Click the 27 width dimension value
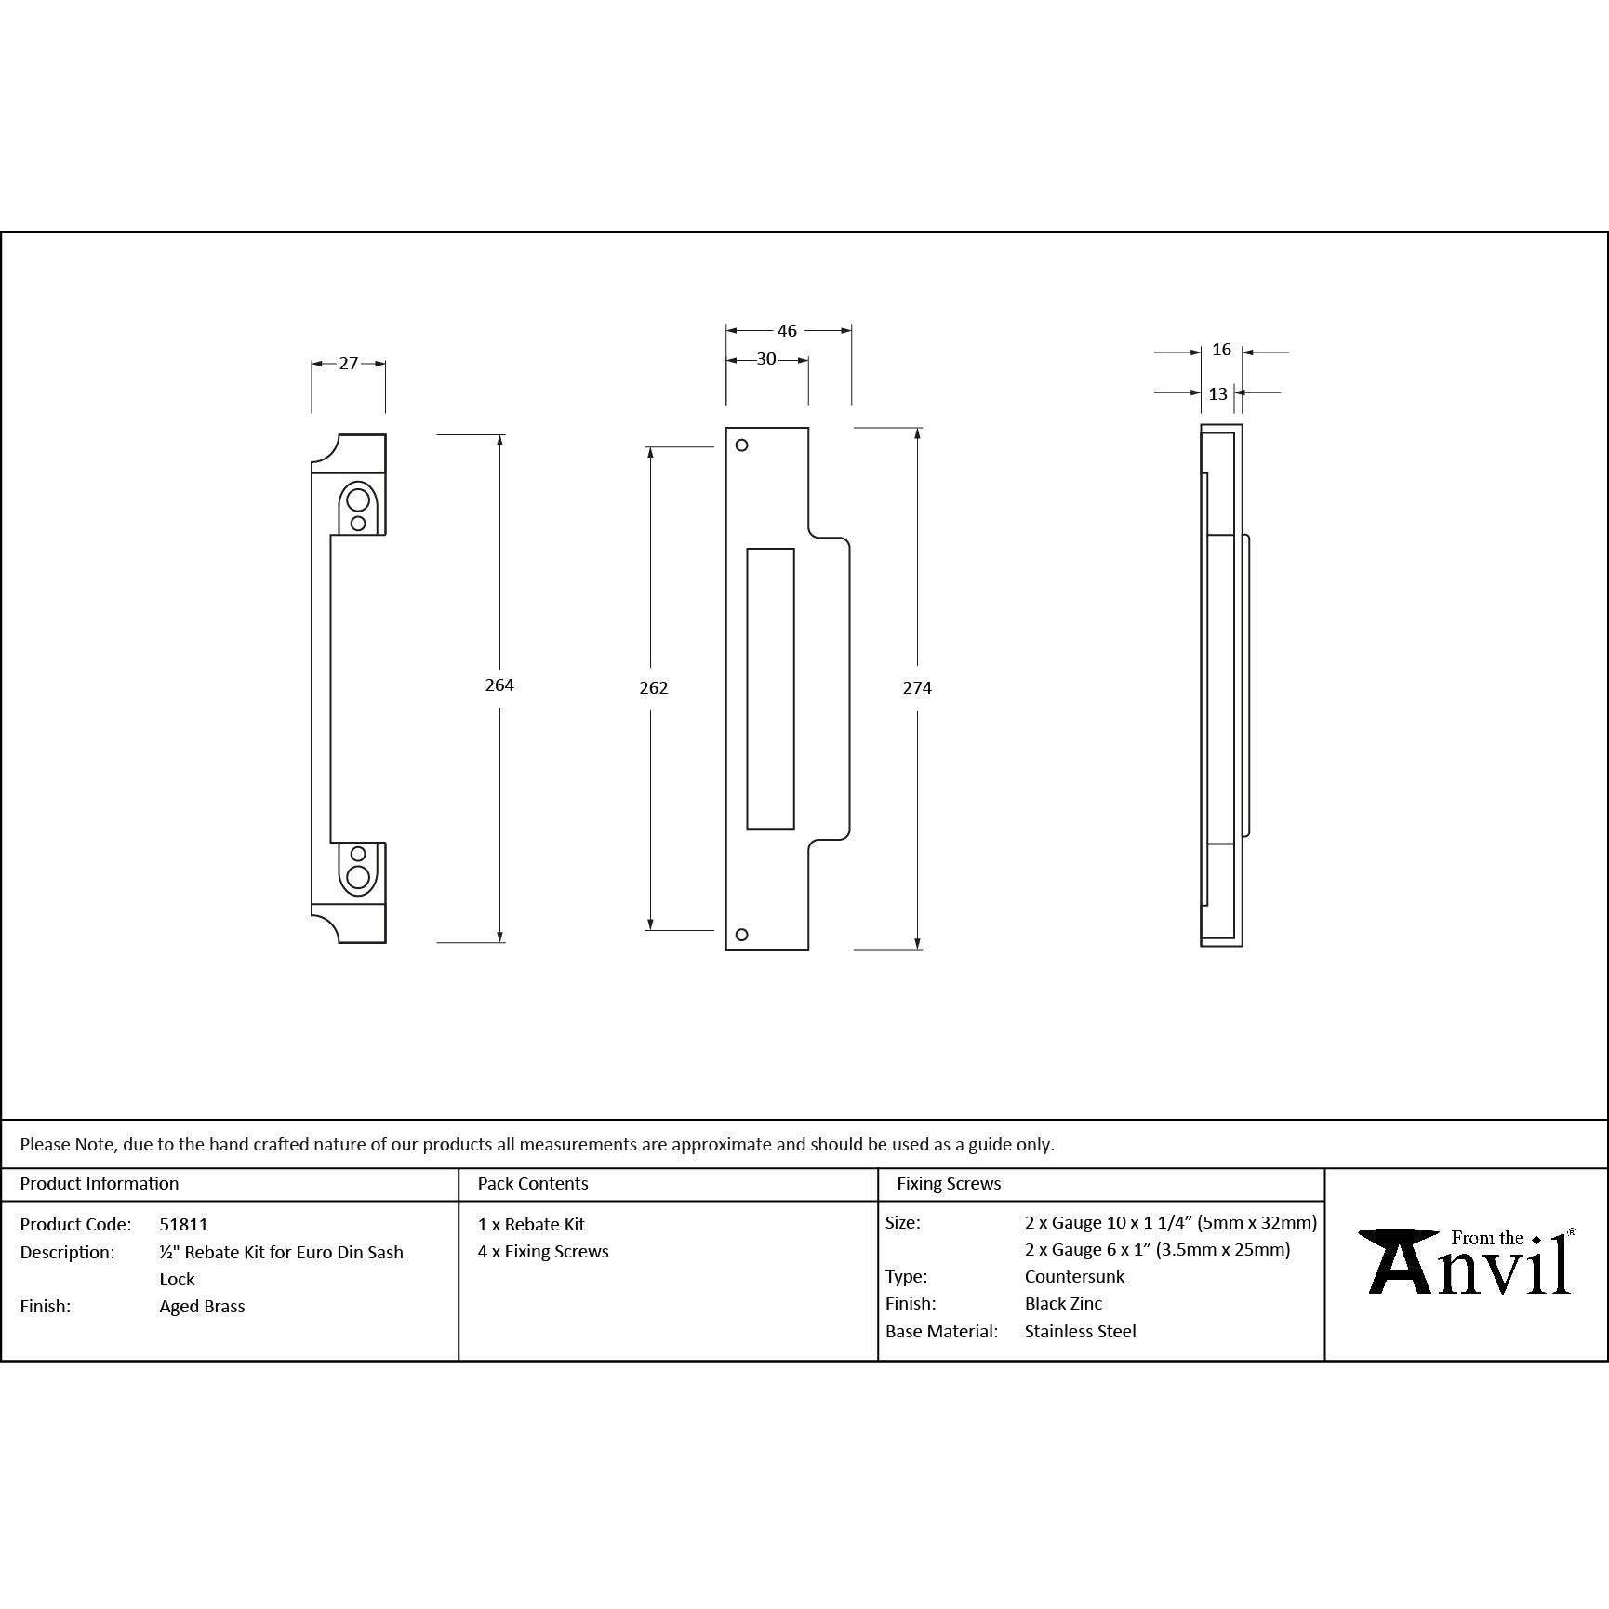348,364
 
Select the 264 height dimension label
499,685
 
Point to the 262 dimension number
654,688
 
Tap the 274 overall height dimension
917,688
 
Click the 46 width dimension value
787,331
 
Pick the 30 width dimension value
766,360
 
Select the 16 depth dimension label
1221,351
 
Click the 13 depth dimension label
1217,394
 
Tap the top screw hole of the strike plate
741,445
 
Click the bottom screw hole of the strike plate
741,935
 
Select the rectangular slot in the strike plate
770,688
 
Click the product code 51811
183,1225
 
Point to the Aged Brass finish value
202,1307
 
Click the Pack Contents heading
532,1184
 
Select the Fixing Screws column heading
948,1184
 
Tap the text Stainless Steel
1080,1332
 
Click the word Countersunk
1074,1277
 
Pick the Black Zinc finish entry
1063,1304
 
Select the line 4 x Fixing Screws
543,1252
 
